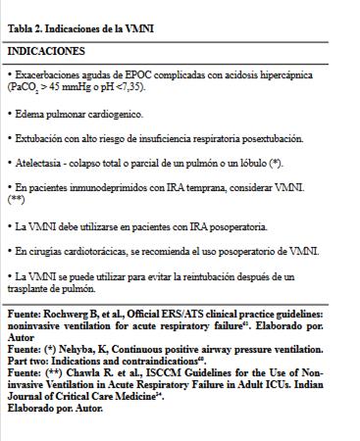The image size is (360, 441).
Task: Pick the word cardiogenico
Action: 113,114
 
